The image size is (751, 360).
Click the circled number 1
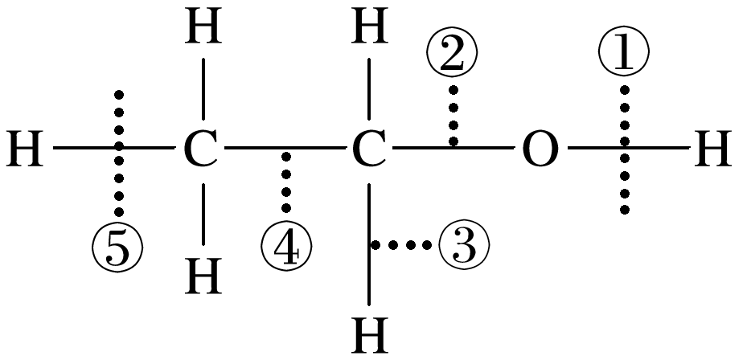(x=624, y=53)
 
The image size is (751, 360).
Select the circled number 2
(x=453, y=53)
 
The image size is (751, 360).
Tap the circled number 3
(x=464, y=245)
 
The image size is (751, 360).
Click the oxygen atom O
(x=540, y=149)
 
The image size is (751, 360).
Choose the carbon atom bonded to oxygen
(x=368, y=149)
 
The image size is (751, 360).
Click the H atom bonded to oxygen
(x=712, y=149)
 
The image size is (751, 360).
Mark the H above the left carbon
(x=203, y=29)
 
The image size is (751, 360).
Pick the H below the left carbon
(x=203, y=278)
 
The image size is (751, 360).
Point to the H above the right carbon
(x=369, y=29)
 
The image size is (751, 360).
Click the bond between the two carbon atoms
(x=285, y=149)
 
